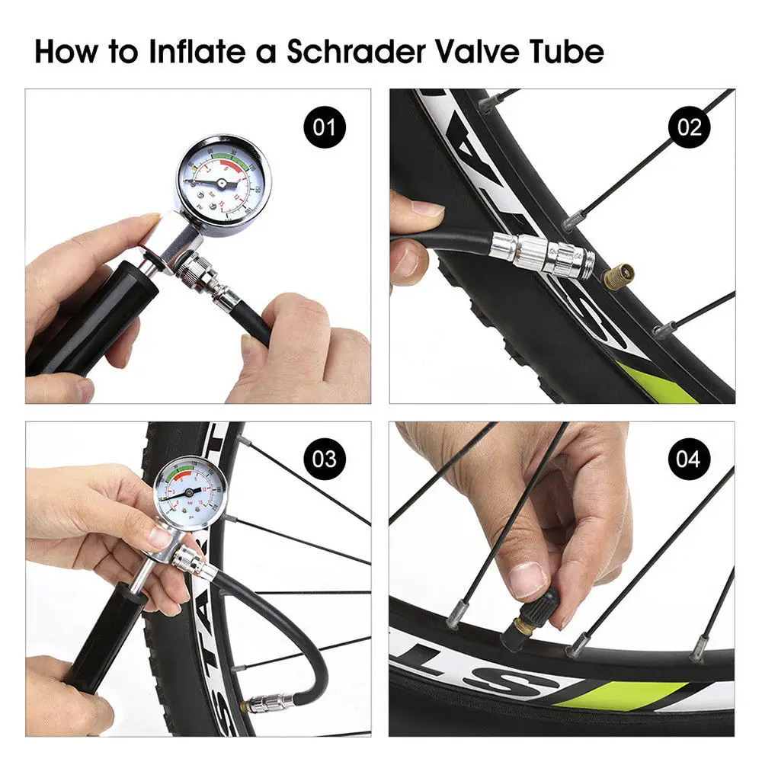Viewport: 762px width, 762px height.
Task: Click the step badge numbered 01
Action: pos(324,126)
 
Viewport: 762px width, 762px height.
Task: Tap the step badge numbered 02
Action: pos(689,126)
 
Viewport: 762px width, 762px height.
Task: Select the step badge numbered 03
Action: pos(324,459)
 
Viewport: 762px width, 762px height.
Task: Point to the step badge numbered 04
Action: pos(689,459)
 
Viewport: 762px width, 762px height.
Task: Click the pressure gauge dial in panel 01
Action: pos(219,182)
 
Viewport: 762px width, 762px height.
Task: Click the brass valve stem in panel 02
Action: pos(620,276)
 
